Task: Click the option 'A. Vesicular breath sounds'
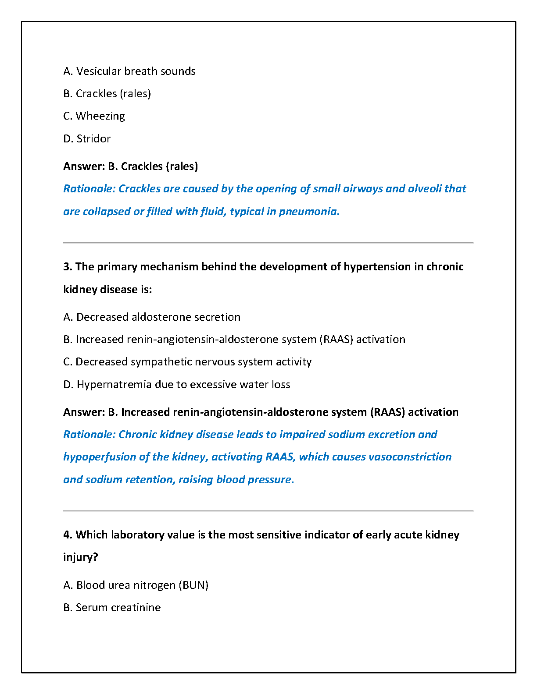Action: [129, 71]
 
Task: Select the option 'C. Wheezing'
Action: [94, 116]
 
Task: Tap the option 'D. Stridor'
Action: [87, 139]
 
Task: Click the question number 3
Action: [67, 267]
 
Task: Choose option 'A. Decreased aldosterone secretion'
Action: [152, 317]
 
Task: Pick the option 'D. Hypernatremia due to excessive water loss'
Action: [177, 385]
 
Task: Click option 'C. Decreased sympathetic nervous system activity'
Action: [187, 362]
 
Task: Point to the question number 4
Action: [67, 535]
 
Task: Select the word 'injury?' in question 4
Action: [80, 557]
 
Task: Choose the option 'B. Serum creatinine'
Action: [112, 608]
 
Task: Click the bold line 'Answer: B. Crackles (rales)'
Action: [130, 166]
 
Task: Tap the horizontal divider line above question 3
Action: [268, 242]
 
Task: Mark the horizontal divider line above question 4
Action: [268, 510]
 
